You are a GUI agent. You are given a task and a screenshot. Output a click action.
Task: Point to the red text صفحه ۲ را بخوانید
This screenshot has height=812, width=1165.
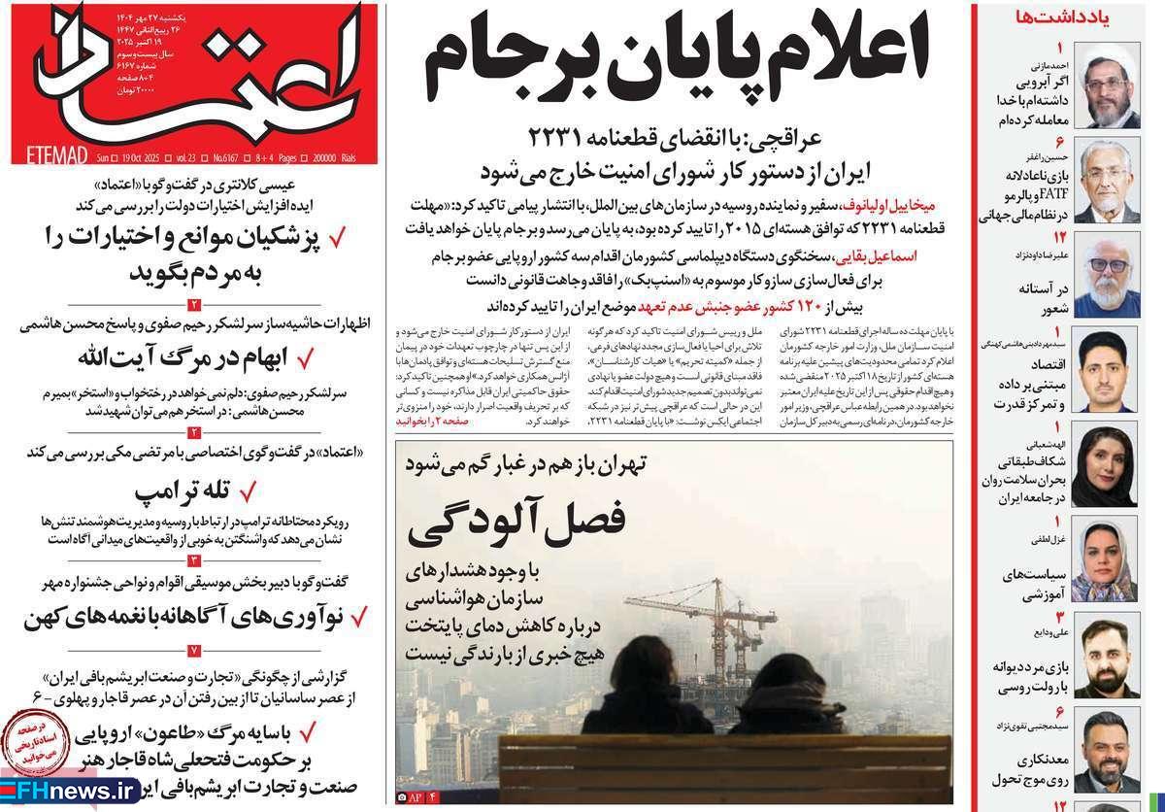[432, 423]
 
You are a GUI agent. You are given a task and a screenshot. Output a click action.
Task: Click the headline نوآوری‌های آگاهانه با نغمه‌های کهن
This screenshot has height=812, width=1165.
[184, 616]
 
